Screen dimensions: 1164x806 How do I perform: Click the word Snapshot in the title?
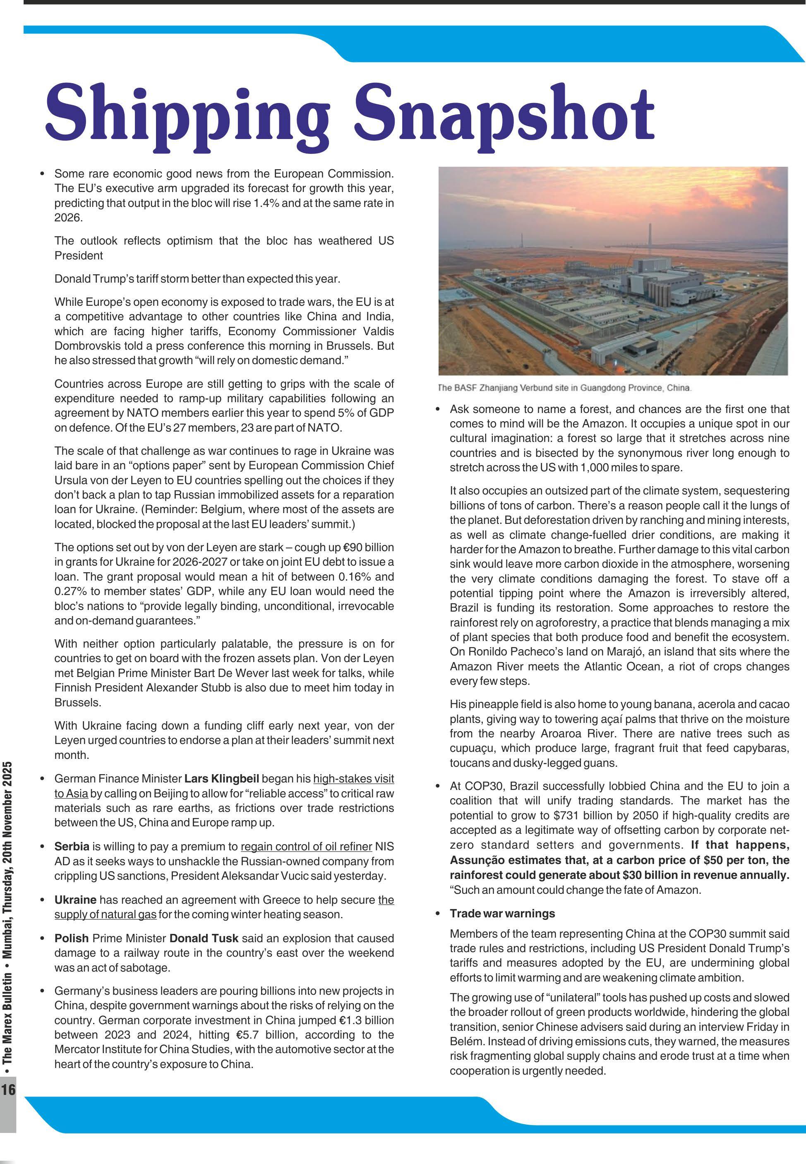pos(505,114)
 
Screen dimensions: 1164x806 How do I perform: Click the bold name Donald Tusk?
pos(204,938)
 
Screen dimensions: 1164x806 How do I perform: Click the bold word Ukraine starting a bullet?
pos(75,900)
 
